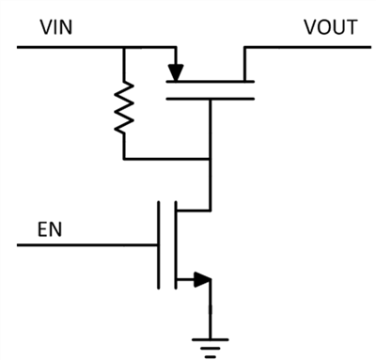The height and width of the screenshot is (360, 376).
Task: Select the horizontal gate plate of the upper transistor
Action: (x=210, y=97)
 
